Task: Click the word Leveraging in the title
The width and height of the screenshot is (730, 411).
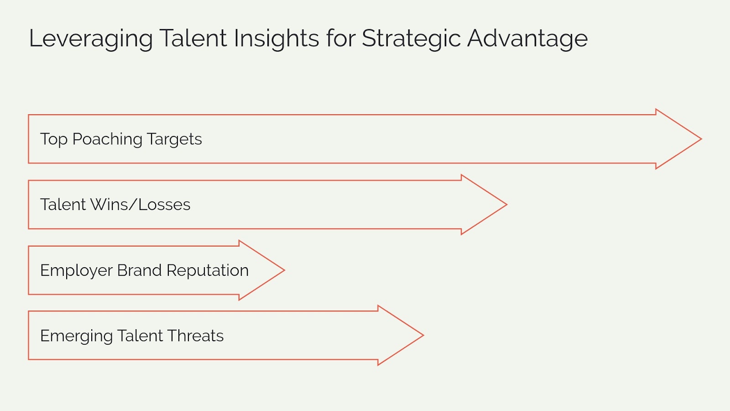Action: point(90,39)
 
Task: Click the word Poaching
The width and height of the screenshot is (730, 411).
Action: point(107,139)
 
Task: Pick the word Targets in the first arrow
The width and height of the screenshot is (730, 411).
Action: point(174,139)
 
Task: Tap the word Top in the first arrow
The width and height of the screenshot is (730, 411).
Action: point(54,139)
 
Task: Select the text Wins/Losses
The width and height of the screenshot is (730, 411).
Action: point(140,205)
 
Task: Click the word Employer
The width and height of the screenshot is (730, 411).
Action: point(76,270)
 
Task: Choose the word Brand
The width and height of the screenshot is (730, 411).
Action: point(139,270)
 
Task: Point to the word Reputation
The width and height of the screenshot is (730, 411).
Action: point(207,270)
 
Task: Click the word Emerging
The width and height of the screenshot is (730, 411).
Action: point(76,336)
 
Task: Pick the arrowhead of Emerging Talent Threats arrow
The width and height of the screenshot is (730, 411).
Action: point(402,335)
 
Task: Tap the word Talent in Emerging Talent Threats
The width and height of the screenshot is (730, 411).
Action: point(140,336)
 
